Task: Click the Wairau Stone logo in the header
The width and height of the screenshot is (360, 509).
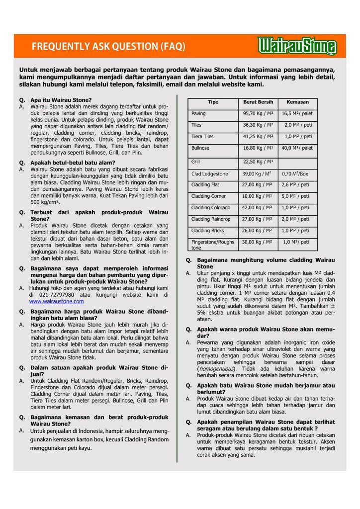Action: (x=297, y=46)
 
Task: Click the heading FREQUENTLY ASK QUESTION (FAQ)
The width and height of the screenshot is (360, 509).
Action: (x=108, y=47)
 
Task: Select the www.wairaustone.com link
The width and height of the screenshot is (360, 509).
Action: (x=56, y=301)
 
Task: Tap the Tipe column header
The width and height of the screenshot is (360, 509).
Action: (x=213, y=102)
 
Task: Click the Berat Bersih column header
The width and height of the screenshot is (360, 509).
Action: (x=258, y=102)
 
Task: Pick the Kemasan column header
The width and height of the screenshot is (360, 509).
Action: (x=297, y=102)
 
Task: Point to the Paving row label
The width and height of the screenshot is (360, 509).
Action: (x=199, y=114)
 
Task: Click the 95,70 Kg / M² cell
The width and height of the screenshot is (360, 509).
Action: (x=258, y=114)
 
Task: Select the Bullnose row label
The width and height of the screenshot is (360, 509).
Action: (x=200, y=148)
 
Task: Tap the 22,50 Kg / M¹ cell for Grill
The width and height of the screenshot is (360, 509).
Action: (x=258, y=162)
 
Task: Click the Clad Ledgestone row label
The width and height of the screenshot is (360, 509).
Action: (x=209, y=173)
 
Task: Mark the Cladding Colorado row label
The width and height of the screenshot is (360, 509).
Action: (x=211, y=208)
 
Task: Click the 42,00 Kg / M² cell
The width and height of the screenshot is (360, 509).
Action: (x=258, y=208)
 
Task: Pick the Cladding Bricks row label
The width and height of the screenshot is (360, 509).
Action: (x=208, y=231)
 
